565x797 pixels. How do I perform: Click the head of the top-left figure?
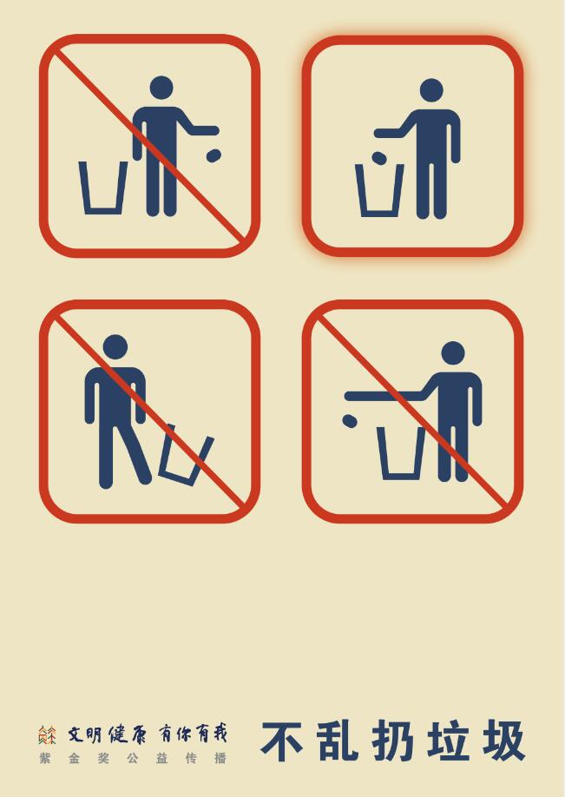pyautogui.click(x=161, y=88)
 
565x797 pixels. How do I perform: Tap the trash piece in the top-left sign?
pyautogui.click(x=214, y=155)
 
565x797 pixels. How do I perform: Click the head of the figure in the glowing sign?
pyautogui.click(x=431, y=90)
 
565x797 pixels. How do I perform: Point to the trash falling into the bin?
pyautogui.click(x=379, y=158)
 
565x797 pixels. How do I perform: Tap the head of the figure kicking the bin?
pyautogui.click(x=115, y=347)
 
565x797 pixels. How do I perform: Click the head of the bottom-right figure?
pyautogui.click(x=453, y=353)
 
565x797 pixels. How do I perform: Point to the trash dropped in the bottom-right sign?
pyautogui.click(x=350, y=420)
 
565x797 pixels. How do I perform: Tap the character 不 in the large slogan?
pyautogui.click(x=283, y=741)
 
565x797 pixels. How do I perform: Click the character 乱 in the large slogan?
pyautogui.click(x=338, y=741)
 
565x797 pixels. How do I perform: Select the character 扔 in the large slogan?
pyautogui.click(x=393, y=741)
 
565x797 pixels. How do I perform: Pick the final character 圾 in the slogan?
pyautogui.click(x=503, y=741)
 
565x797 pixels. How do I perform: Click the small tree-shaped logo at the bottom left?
pyautogui.click(x=47, y=735)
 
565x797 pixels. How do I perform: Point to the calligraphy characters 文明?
pyautogui.click(x=85, y=734)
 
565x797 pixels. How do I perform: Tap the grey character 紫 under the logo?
pyautogui.click(x=45, y=759)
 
